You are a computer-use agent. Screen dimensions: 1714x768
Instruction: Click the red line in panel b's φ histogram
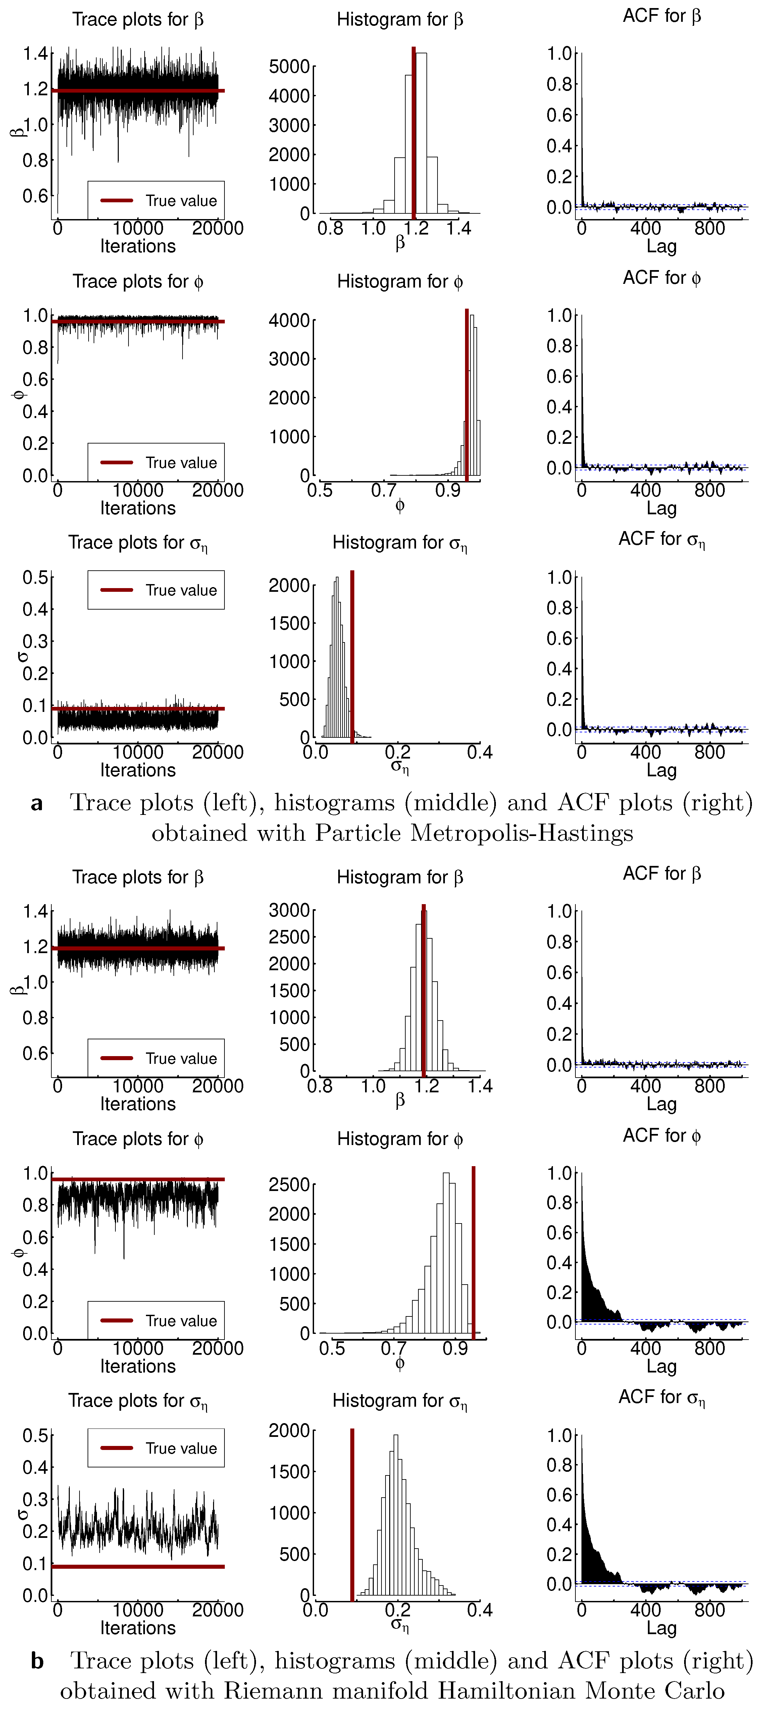pos(473,1251)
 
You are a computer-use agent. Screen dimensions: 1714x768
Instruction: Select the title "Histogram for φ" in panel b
pos(399,1139)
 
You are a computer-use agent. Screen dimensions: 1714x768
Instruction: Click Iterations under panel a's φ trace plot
pos(138,508)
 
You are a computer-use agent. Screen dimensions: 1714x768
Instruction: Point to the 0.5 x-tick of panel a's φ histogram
pos(320,491)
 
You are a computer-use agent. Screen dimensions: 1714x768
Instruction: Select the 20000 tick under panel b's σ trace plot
pos(218,1610)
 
